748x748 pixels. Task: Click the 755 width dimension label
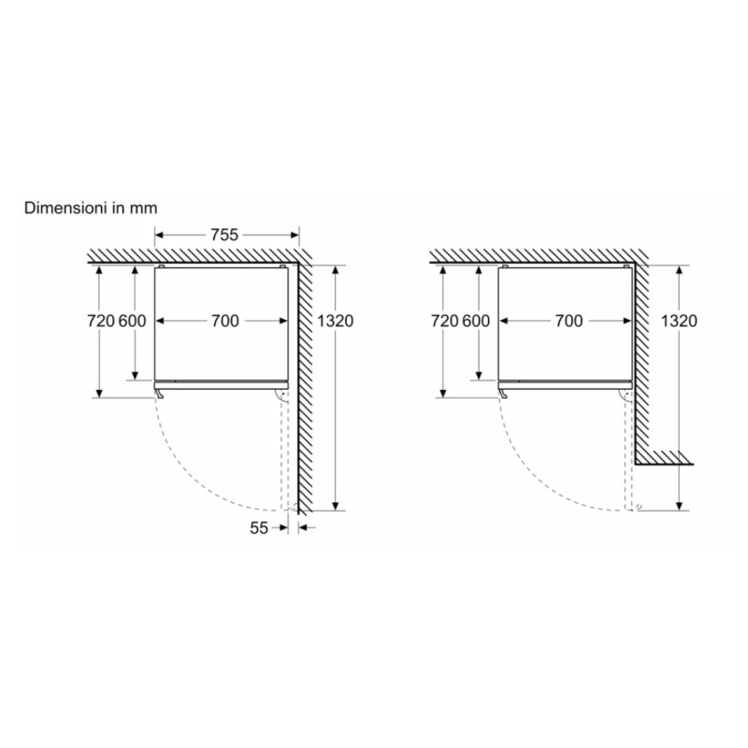click(x=224, y=235)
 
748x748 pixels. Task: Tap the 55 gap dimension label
click(x=259, y=527)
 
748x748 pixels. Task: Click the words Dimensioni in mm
click(x=91, y=208)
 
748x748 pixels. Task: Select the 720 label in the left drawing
click(x=101, y=321)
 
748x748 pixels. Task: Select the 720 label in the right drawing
click(x=444, y=321)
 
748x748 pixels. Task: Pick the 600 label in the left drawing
click(x=133, y=321)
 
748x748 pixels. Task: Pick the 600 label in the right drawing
click(x=476, y=321)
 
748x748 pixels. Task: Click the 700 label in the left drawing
click(x=224, y=321)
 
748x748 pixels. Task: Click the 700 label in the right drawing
click(x=568, y=321)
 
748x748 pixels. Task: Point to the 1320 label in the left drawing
click(x=336, y=321)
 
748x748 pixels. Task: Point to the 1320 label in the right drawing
click(x=679, y=321)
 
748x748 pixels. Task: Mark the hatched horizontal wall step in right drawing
click(x=664, y=458)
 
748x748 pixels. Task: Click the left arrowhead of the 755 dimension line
click(x=158, y=235)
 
